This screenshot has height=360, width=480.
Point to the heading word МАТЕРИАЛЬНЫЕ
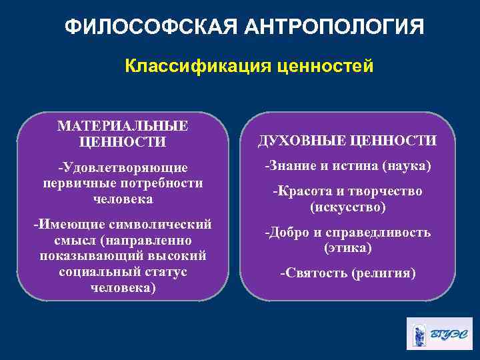pyautogui.click(x=123, y=126)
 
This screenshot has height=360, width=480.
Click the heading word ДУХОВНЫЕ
pyautogui.click(x=299, y=141)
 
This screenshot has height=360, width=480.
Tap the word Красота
pyautogui.click(x=298, y=191)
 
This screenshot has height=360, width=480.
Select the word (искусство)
pyautogui.click(x=347, y=207)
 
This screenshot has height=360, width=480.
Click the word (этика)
pyautogui.click(x=347, y=248)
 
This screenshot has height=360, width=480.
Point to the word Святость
pyautogui.click(x=311, y=273)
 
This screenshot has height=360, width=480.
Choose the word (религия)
pyautogui.click(x=385, y=273)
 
